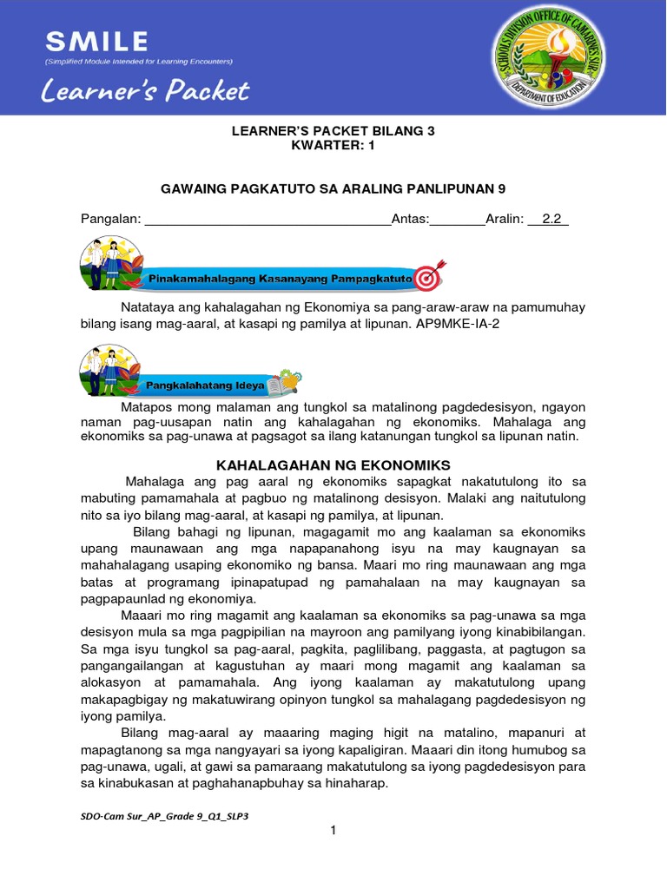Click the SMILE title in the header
(x=96, y=41)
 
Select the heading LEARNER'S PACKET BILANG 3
(x=333, y=131)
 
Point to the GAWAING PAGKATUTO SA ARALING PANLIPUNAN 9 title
(x=333, y=188)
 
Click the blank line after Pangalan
(x=267, y=220)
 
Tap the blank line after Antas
(x=458, y=220)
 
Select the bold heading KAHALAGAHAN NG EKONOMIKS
(x=333, y=464)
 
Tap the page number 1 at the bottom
(x=333, y=831)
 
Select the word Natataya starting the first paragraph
(x=149, y=307)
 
